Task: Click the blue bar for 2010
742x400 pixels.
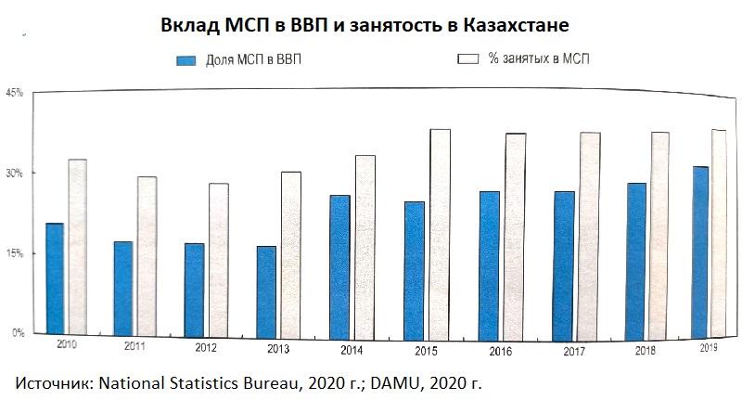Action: [x=55, y=278]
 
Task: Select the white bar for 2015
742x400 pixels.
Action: [x=440, y=232]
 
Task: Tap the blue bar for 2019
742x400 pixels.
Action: [x=700, y=251]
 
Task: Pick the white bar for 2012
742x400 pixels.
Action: [x=218, y=259]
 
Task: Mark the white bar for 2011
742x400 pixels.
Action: [x=146, y=255]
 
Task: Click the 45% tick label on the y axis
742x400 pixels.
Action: [x=14, y=93]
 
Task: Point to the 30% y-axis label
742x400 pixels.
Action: [x=14, y=174]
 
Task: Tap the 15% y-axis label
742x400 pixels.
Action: [x=14, y=253]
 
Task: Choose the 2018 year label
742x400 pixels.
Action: [x=647, y=350]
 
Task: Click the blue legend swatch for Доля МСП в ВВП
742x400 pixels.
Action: [x=185, y=60]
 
